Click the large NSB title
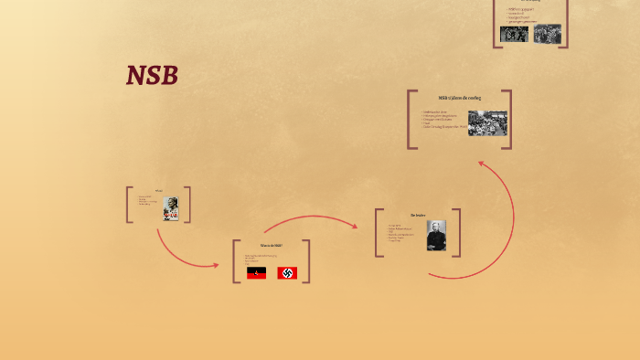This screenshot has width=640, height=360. [x=152, y=76]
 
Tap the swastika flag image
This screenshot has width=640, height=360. [x=286, y=272]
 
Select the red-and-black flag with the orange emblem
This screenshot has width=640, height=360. [x=256, y=272]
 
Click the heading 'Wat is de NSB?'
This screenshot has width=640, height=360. [x=272, y=246]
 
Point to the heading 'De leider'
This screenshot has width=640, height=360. [x=419, y=216]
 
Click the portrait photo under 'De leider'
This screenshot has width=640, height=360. [x=436, y=236]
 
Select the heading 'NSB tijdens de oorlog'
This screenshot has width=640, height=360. [x=459, y=98]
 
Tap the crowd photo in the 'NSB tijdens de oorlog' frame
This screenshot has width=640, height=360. [x=487, y=123]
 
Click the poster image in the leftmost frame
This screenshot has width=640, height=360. [x=170, y=208]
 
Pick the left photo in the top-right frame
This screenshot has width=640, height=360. [x=514, y=34]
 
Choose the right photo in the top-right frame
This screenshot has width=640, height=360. [x=547, y=34]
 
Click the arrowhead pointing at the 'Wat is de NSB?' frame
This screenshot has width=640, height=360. [x=216, y=266]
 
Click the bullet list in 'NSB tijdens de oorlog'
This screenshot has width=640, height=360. [x=442, y=121]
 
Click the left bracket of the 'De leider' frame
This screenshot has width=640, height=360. [x=378, y=233]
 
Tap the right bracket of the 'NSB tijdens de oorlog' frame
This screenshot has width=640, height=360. [x=508, y=119]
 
